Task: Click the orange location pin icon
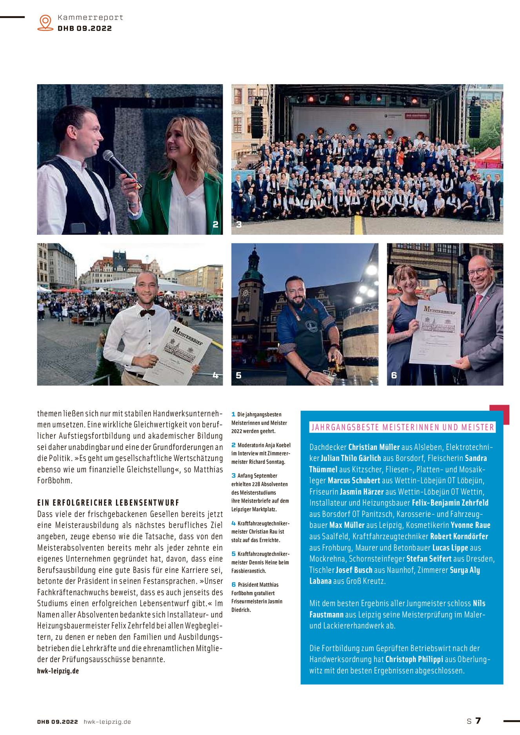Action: coord(45,22)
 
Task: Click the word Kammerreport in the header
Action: coord(90,18)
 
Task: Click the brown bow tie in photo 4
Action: coord(147,312)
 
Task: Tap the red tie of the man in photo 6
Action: coord(476,306)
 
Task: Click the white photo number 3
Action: coord(239,225)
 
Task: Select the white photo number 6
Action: coord(394,376)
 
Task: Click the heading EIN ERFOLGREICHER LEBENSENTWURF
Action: coord(108,503)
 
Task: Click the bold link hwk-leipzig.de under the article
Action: coord(58,671)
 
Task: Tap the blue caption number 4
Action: coord(233,523)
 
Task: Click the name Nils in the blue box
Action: coord(479,603)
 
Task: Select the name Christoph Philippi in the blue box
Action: coord(414,659)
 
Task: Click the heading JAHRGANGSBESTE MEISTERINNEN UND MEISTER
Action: coord(402,427)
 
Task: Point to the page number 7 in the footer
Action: coord(478,720)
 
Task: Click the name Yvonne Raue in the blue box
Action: coord(470,525)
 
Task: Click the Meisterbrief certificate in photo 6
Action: coord(435,331)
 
